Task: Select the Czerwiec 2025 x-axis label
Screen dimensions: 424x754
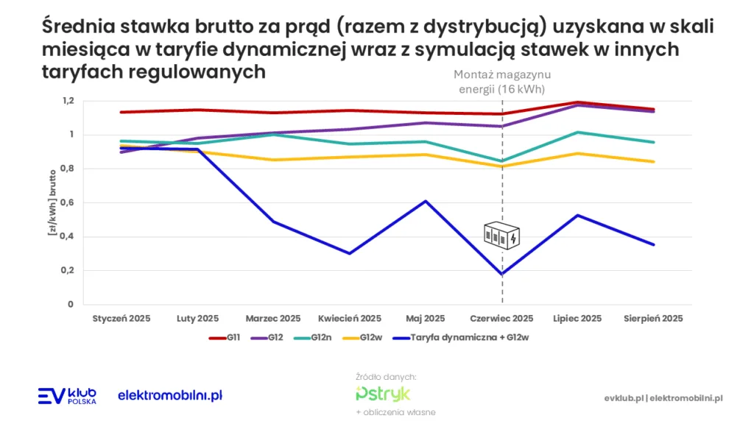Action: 501,319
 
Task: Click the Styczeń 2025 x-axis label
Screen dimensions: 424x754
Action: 121,319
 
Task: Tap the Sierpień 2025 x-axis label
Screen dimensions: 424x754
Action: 653,319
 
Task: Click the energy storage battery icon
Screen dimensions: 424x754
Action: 501,236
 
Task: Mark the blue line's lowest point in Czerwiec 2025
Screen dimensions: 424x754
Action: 501,274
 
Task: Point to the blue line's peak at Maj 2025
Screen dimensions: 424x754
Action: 426,201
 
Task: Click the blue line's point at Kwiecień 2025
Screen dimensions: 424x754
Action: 350,253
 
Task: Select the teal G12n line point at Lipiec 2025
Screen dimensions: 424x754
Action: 578,132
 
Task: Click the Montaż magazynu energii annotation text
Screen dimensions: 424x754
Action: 501,82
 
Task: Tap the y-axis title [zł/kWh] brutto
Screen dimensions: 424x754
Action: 52,202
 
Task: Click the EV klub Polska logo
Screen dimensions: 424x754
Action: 67,396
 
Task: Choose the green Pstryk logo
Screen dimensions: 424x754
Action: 383,393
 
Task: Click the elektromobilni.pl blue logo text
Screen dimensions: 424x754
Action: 170,396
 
